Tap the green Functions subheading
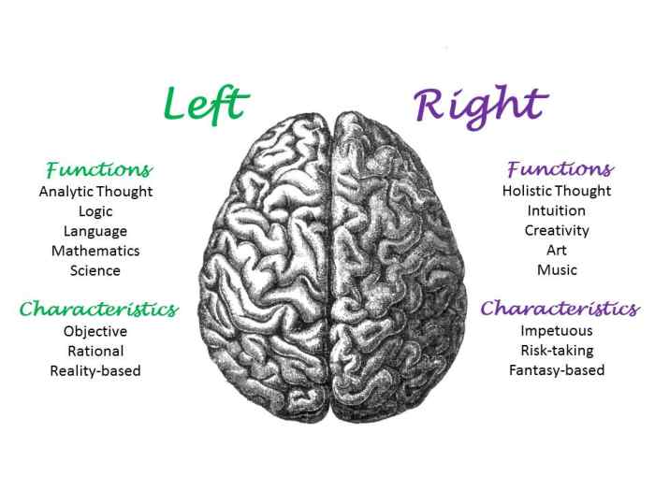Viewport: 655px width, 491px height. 99,170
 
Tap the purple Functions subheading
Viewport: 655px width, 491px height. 560,169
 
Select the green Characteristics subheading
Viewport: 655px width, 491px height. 98,309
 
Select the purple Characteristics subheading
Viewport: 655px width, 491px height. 560,309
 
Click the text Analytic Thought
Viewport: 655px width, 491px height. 95,192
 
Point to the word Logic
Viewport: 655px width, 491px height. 95,211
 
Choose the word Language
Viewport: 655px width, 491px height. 95,231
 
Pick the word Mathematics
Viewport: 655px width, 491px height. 95,251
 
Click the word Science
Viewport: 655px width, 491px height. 95,270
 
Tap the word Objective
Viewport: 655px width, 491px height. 95,331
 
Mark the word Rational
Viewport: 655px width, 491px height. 95,351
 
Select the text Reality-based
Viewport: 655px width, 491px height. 95,370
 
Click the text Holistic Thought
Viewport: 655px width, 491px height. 557,191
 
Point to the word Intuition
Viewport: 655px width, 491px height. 557,210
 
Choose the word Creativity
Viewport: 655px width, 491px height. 557,230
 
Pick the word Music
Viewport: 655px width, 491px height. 557,270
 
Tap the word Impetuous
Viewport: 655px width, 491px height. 557,330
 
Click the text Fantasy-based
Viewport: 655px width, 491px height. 557,370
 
